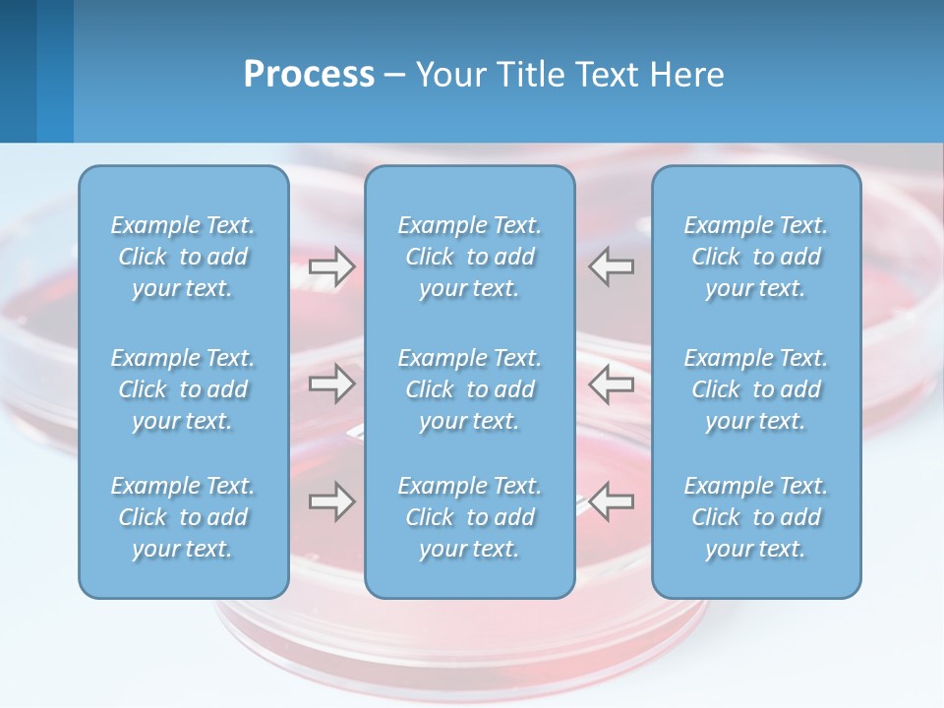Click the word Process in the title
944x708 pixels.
(x=309, y=75)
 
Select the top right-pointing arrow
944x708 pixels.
(x=331, y=266)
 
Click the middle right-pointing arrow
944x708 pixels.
(x=331, y=384)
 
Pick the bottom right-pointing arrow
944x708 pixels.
(x=331, y=501)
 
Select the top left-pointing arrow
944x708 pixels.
(x=612, y=266)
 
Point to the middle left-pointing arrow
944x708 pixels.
(x=612, y=384)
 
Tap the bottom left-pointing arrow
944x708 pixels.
(x=612, y=501)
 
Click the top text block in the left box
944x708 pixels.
(x=183, y=257)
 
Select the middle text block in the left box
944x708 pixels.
(x=183, y=389)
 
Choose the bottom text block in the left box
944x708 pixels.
(x=183, y=517)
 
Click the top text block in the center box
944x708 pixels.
(x=470, y=257)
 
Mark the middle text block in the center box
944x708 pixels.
(x=470, y=389)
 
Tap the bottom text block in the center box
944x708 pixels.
(x=470, y=517)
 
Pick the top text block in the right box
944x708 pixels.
(x=756, y=257)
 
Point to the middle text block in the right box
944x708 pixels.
(x=756, y=389)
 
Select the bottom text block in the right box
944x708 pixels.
(x=756, y=517)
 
